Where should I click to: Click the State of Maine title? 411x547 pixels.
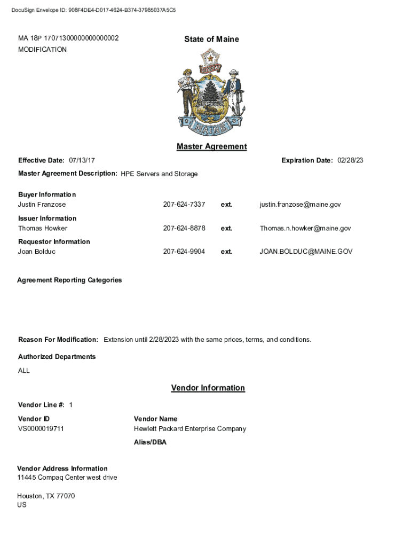(x=211, y=39)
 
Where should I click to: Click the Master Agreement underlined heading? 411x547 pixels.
(x=211, y=146)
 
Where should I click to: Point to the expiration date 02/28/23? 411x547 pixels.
(x=350, y=160)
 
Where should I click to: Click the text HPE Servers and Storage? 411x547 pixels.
(x=159, y=174)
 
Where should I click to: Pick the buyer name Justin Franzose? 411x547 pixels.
(x=42, y=205)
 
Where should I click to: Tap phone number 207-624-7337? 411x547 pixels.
(x=184, y=205)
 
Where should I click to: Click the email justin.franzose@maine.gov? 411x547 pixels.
(x=300, y=205)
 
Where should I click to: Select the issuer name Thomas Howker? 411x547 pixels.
(x=43, y=228)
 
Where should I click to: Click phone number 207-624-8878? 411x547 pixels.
(x=184, y=228)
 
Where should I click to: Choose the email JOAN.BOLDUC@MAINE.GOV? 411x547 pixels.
(x=306, y=252)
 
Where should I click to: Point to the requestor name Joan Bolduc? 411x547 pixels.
(x=37, y=252)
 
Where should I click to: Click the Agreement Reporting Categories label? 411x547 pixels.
(x=69, y=280)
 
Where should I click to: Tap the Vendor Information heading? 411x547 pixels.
(x=208, y=388)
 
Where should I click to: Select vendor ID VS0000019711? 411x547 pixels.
(x=41, y=429)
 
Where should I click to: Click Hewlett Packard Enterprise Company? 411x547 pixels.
(x=189, y=429)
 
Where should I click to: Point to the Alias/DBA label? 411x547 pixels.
(x=150, y=442)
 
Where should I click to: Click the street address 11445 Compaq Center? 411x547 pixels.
(x=67, y=478)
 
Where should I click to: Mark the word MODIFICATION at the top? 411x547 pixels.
(x=42, y=50)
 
